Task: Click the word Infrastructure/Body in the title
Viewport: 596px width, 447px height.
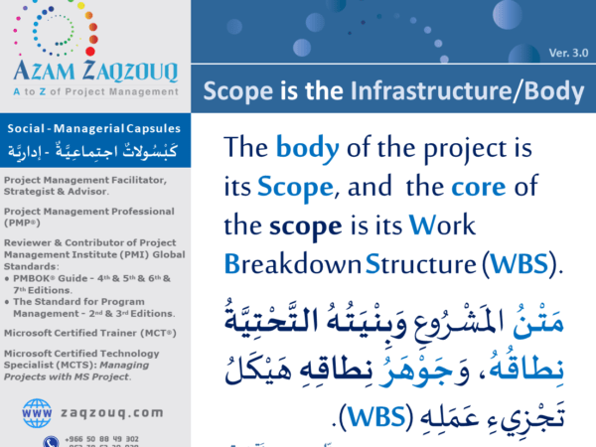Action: coord(466,92)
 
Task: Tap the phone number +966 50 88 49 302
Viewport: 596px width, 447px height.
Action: coord(104,438)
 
